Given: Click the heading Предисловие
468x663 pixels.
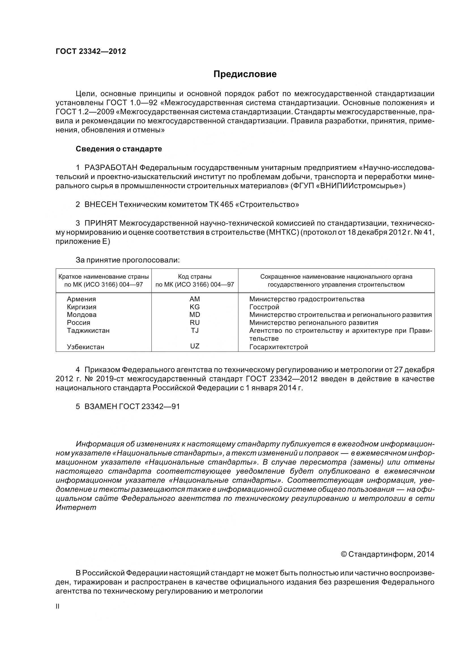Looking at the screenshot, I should pyautogui.click(x=245, y=75).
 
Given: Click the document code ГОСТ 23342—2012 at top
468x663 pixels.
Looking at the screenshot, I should pyautogui.click(x=91, y=51).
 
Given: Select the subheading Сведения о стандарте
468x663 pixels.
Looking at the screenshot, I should pyautogui.click(x=119, y=149).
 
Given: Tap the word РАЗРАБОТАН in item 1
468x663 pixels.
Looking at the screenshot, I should pyautogui.click(x=111, y=168).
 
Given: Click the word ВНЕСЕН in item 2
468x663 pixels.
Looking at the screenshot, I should pyautogui.click(x=101, y=205).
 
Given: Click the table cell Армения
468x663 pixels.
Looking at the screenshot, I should pyautogui.click(x=81, y=299).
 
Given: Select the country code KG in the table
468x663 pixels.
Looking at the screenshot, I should pyautogui.click(x=195, y=307).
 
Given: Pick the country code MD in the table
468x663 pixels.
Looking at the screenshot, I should pyautogui.click(x=195, y=315).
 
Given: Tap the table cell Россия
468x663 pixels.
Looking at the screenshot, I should pyautogui.click(x=78, y=323).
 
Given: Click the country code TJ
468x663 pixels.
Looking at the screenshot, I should pyautogui.click(x=195, y=330).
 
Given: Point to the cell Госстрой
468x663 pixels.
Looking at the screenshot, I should pyautogui.click(x=264, y=307).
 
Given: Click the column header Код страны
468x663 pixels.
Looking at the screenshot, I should pyautogui.click(x=195, y=277).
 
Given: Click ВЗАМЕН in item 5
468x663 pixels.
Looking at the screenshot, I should pyautogui.click(x=101, y=406).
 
